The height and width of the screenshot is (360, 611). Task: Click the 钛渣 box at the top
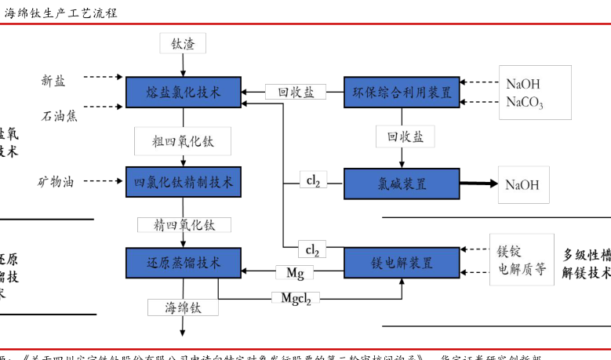click(183, 44)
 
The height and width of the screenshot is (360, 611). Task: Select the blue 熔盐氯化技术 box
click(184, 93)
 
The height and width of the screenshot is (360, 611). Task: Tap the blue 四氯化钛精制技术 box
click(184, 182)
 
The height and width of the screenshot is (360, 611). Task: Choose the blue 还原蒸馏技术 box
click(184, 262)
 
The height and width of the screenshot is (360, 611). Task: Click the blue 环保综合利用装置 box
click(402, 93)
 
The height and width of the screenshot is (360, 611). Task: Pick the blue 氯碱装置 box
click(402, 184)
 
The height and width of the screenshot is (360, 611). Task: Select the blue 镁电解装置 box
click(402, 263)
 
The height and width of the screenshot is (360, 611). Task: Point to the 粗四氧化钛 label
click(183, 141)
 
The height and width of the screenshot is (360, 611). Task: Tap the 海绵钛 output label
click(183, 307)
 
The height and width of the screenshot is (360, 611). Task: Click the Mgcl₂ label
click(296, 298)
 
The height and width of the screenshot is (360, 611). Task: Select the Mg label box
click(295, 273)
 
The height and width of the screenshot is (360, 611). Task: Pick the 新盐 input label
click(53, 80)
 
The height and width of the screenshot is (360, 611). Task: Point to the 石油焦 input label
click(60, 116)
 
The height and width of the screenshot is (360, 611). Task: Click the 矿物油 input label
click(56, 182)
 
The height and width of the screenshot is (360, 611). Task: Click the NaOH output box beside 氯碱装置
click(522, 185)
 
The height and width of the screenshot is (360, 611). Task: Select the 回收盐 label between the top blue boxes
click(295, 92)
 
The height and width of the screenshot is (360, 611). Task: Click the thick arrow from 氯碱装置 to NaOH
click(478, 184)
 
